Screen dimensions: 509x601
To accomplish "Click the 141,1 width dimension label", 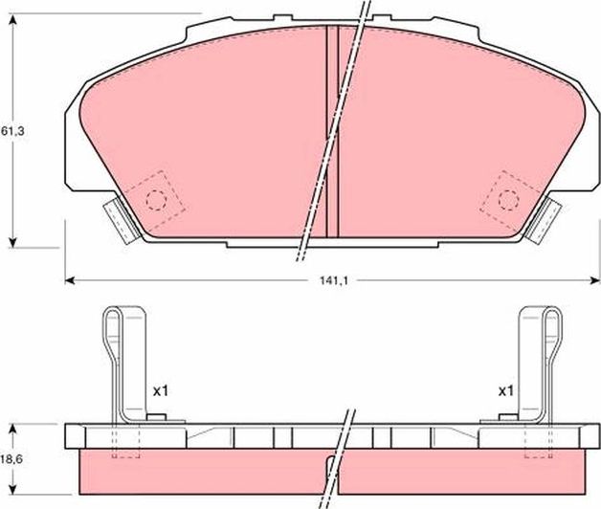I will (x=334, y=281).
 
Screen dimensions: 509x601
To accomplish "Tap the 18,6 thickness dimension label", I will (x=11, y=460).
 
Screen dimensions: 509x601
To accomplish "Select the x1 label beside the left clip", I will (x=160, y=391).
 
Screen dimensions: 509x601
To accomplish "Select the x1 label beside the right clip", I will (x=506, y=391).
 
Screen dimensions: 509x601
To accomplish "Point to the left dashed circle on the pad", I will (x=154, y=199).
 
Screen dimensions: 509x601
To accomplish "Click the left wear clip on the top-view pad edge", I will (x=116, y=219).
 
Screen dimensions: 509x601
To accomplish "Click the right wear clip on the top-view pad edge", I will (x=545, y=219).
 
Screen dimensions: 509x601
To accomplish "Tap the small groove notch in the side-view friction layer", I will (x=332, y=468).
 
